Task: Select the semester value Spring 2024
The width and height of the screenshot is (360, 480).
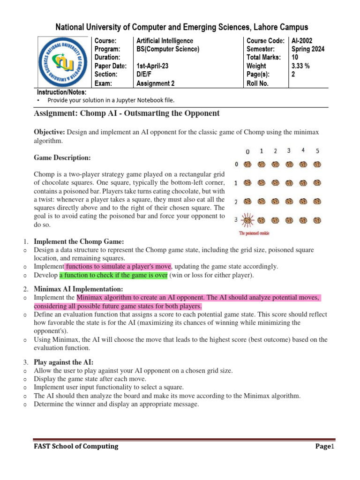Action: [308, 49]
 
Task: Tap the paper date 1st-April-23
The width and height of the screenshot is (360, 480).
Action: [152, 66]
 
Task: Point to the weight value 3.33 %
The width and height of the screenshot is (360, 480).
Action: [300, 66]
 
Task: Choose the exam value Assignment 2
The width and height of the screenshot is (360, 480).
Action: [156, 83]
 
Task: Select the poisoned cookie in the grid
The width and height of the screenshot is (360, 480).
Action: [247, 220]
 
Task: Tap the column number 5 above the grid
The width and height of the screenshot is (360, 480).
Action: [318, 151]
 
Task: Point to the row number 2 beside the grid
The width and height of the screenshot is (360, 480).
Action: [236, 201]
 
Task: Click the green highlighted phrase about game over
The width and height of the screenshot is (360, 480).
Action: [113, 275]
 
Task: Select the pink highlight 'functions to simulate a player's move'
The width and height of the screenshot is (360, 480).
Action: [118, 266]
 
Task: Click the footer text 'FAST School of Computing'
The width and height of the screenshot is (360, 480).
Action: [75, 446]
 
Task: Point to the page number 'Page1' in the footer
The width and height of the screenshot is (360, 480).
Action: [323, 447]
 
